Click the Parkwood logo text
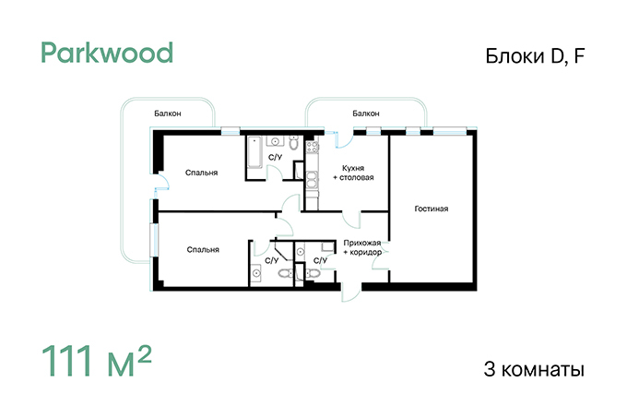[107, 53]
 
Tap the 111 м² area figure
[97, 361]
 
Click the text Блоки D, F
[535, 56]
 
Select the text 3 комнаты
[534, 369]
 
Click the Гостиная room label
[432, 209]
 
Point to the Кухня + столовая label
[353, 173]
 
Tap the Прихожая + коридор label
[362, 247]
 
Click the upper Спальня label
[201, 173]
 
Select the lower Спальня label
[203, 249]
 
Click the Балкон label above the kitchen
[365, 113]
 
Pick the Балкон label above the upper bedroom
[168, 113]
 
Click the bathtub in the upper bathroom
[254, 152]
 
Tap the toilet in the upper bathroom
[294, 143]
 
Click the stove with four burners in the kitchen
[313, 147]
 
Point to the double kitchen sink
[312, 180]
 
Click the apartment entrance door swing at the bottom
[351, 292]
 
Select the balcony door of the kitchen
[344, 138]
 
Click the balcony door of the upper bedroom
[162, 181]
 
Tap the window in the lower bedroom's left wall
[154, 240]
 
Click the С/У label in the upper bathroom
[275, 158]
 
